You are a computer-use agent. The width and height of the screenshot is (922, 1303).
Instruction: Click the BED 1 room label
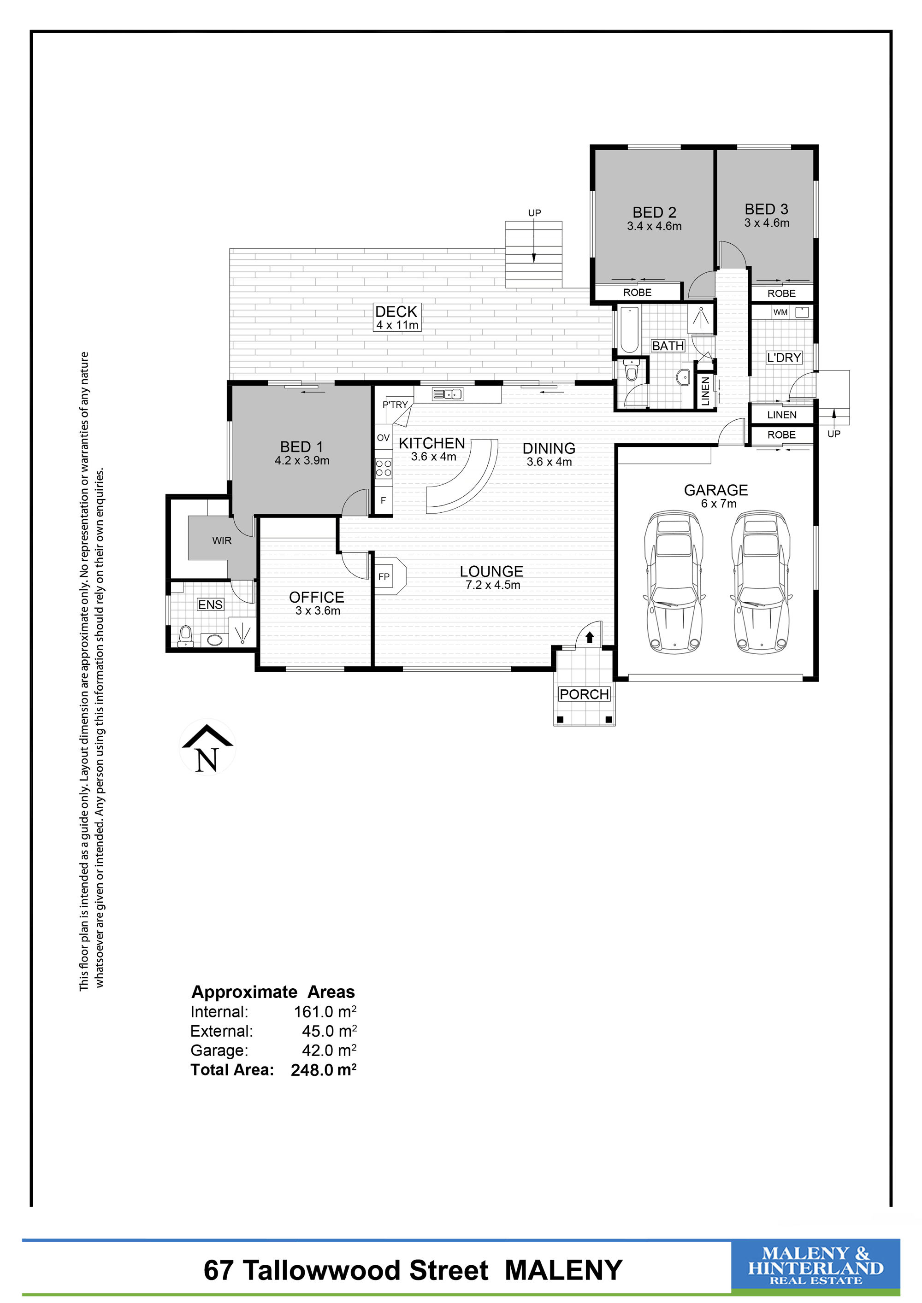pyautogui.click(x=301, y=446)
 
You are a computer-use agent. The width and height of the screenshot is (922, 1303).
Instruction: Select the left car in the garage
pyautogui.click(x=674, y=581)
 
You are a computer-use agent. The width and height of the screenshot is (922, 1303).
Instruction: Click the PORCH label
pyautogui.click(x=584, y=694)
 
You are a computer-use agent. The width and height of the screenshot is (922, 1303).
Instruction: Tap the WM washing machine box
pyautogui.click(x=780, y=312)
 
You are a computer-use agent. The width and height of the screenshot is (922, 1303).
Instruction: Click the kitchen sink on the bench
pyautogui.click(x=447, y=394)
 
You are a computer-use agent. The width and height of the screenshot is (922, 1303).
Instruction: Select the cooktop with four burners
pyautogui.click(x=383, y=468)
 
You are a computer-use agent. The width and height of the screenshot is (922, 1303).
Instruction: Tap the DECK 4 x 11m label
pyautogui.click(x=397, y=317)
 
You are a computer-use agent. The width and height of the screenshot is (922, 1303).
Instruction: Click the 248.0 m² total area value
pyautogui.click(x=324, y=1070)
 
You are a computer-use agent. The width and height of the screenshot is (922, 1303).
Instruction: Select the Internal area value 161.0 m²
pyautogui.click(x=325, y=1011)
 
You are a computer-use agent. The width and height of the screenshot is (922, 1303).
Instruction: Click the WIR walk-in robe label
pyautogui.click(x=222, y=540)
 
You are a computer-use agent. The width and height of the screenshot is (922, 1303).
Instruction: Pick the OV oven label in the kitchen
pyautogui.click(x=383, y=438)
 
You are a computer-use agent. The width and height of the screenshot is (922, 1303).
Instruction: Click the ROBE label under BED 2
pyautogui.click(x=638, y=292)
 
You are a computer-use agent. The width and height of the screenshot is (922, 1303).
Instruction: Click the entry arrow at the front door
pyautogui.click(x=589, y=637)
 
